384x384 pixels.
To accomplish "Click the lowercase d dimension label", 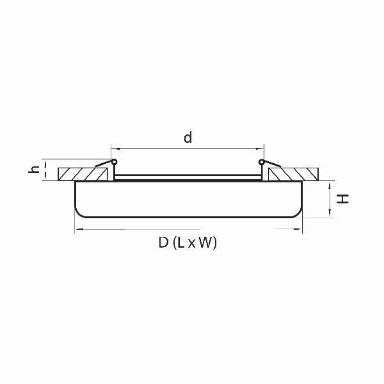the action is pyautogui.click(x=188, y=137).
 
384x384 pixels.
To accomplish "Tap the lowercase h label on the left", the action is pyautogui.click(x=34, y=169).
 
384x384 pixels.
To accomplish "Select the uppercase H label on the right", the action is pyautogui.click(x=342, y=198).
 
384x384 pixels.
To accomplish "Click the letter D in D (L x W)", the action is pyautogui.click(x=164, y=243).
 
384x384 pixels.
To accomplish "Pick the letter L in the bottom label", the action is pyautogui.click(x=180, y=243).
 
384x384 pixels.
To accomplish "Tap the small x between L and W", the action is pyautogui.click(x=192, y=244).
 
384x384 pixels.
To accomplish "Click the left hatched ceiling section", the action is pyautogui.click(x=83, y=174).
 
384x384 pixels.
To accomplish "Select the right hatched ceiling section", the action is pyautogui.click(x=293, y=174).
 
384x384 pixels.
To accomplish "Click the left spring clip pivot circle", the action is pyautogui.click(x=114, y=162).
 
